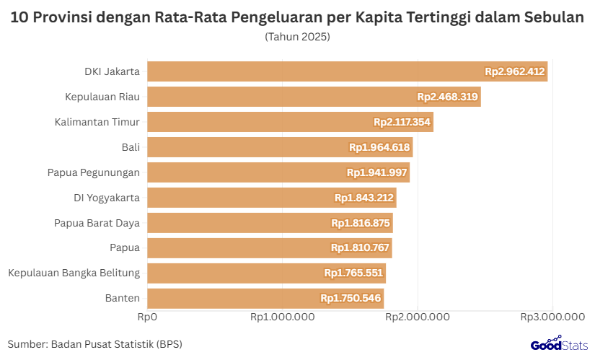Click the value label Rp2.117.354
coord(402,122)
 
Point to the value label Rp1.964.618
coord(379,147)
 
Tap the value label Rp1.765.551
coord(353,273)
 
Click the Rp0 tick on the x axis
coord(147,316)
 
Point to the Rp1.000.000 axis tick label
coord(282,316)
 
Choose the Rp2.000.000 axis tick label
coord(418,316)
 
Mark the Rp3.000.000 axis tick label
coord(552,316)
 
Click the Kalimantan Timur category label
coord(97,122)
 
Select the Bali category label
coord(131,147)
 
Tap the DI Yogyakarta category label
coord(107,198)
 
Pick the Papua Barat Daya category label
coord(97,223)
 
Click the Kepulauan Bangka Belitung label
coord(74,273)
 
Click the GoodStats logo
coord(559,344)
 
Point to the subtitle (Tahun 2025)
coord(297,36)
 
